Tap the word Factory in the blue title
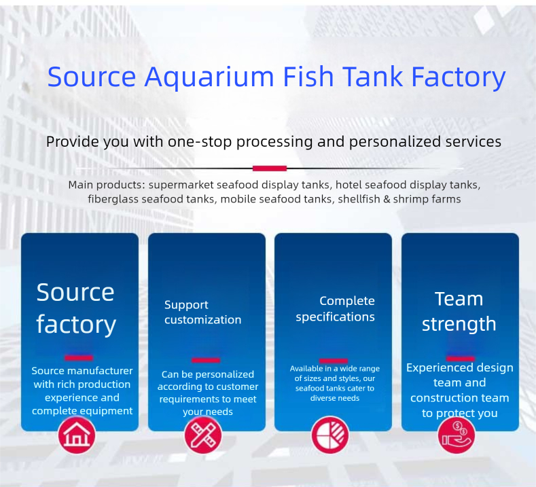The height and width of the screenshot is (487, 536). tap(459, 77)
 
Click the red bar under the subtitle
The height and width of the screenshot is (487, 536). tap(269, 168)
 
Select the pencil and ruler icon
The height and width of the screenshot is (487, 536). tap(203, 435)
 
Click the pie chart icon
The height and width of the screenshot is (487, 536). tap(330, 435)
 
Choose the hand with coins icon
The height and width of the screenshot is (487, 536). tap(457, 435)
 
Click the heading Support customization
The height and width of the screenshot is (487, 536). tap(202, 312)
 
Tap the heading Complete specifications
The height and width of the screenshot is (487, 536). tap(336, 309)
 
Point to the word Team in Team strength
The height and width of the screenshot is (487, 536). tap(459, 299)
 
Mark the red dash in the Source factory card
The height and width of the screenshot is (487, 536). tap(79, 357)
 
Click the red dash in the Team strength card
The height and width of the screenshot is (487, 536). tap(460, 357)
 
